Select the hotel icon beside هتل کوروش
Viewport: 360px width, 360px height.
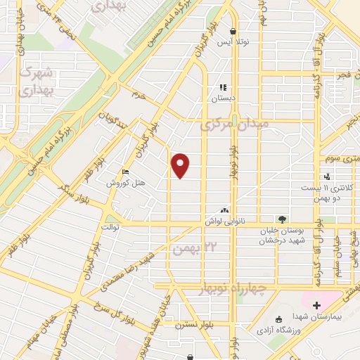click(x=125, y=173)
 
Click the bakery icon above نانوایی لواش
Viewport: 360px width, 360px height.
click(x=224, y=210)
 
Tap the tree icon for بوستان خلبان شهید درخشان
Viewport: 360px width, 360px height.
click(x=282, y=220)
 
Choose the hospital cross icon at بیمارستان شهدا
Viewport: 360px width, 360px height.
click(x=316, y=305)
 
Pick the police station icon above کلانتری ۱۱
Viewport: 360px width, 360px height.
click(x=326, y=176)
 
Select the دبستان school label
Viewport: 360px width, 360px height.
click(x=222, y=99)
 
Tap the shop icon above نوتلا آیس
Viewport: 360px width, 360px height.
click(x=233, y=31)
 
